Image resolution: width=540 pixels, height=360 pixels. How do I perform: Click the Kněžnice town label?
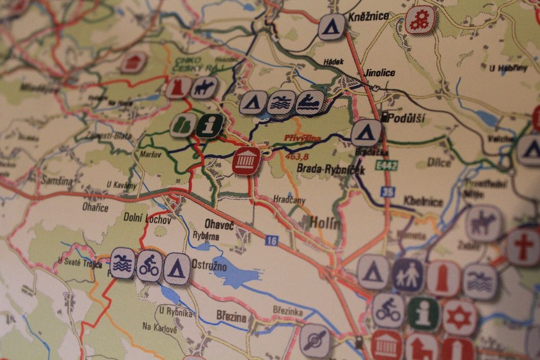(369, 17)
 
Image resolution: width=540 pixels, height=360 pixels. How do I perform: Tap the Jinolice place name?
(380, 73)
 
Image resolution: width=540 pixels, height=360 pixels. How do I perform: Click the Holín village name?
(326, 222)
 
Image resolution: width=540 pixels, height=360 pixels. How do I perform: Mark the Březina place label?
(231, 317)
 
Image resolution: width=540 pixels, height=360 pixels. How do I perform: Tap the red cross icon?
(523, 246)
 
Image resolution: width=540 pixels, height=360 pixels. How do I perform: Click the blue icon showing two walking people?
(408, 276)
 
